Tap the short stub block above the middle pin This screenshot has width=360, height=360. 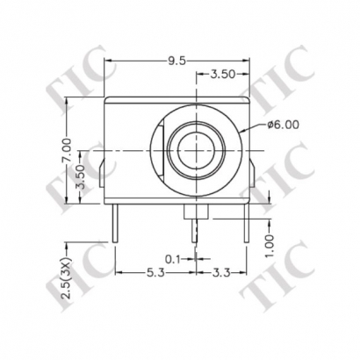click(195, 211)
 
